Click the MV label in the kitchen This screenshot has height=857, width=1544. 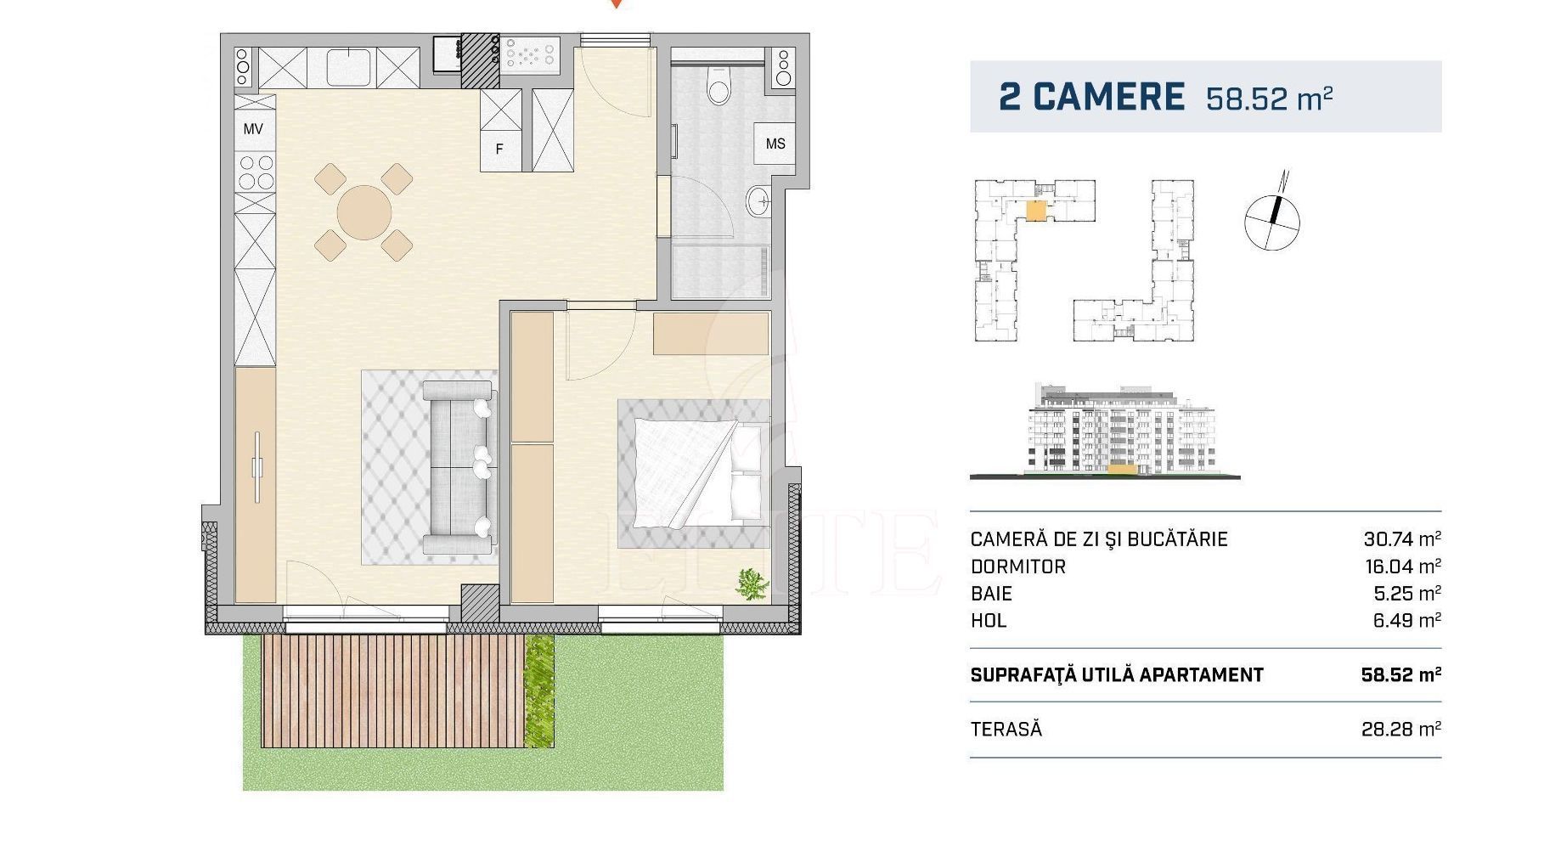click(253, 129)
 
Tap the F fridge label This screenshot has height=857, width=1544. click(499, 149)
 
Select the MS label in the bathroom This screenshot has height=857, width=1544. click(775, 144)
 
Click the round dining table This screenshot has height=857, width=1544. click(364, 212)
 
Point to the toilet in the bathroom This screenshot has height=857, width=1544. click(719, 85)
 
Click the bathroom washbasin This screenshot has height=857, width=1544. click(759, 202)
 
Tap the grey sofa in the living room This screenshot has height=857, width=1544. click(459, 467)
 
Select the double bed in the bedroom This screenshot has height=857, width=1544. click(695, 473)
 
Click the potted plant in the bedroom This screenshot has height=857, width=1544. click(752, 584)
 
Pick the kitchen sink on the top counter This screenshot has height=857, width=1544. click(348, 68)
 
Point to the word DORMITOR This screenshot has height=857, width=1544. click(1017, 567)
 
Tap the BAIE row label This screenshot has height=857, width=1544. click(991, 594)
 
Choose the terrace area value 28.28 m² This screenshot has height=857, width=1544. click(1401, 729)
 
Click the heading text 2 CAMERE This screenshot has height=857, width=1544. click(1091, 97)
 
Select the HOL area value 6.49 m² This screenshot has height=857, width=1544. click(1407, 621)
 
